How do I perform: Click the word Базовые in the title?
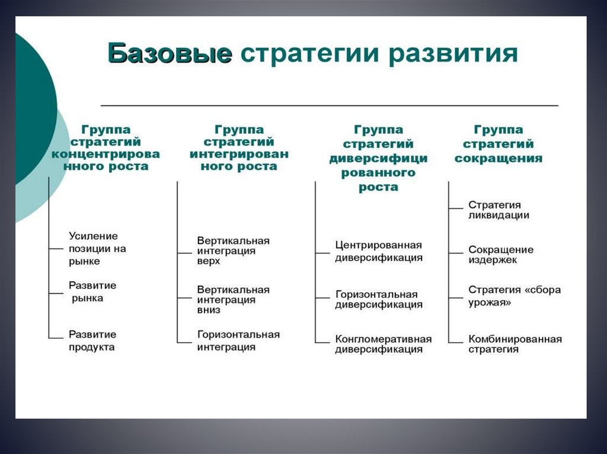(170, 54)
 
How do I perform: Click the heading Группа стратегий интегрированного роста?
(239, 148)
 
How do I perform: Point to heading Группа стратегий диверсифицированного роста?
(378, 158)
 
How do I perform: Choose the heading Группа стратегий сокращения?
(498, 144)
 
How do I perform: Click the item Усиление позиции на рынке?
(97, 249)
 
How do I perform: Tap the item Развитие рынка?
(92, 292)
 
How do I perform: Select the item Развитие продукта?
(92, 340)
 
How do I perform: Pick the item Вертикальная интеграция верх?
(233, 250)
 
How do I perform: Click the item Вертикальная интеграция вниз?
(233, 300)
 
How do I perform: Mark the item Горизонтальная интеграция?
(238, 340)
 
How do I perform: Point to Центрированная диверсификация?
(378, 251)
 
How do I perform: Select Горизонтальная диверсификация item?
(378, 300)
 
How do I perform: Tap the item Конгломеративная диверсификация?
(383, 344)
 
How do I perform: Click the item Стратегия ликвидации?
(499, 210)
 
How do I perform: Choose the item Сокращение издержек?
(500, 255)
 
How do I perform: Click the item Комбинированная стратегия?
(515, 344)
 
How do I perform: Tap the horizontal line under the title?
(330, 105)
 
